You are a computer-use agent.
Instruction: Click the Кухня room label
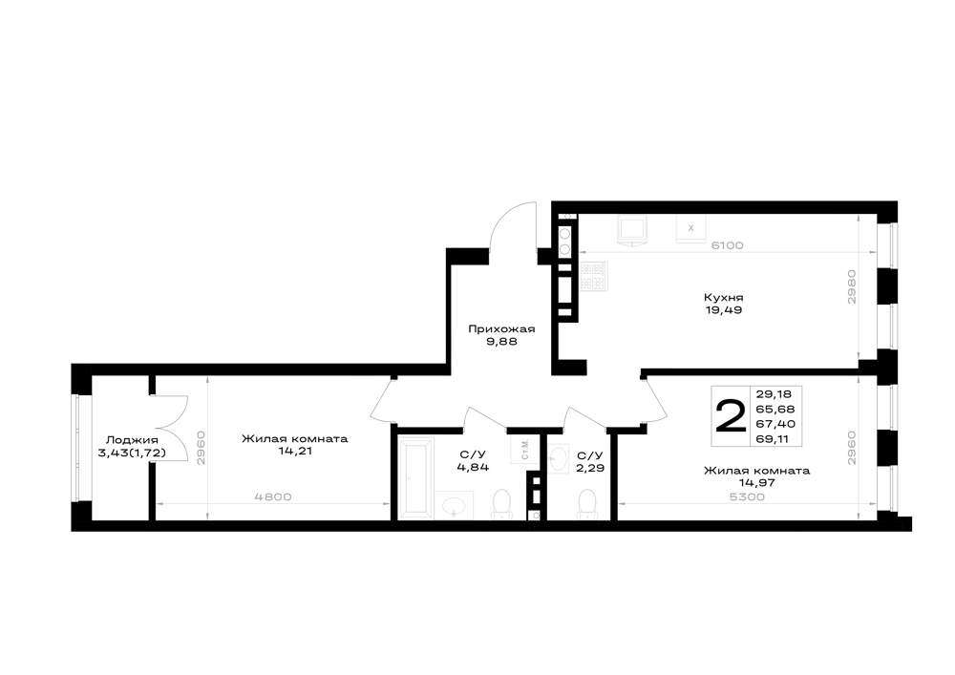tap(724, 298)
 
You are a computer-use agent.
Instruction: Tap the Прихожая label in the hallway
tap(501, 329)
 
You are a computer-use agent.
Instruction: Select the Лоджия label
tap(132, 440)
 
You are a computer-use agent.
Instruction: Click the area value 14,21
tap(294, 452)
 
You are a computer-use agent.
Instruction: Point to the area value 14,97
tap(757, 483)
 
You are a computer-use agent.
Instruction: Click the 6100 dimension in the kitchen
tap(727, 245)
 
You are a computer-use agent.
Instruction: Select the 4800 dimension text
tap(273, 496)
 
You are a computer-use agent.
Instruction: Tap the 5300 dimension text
tap(747, 496)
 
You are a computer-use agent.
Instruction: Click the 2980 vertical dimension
tap(852, 287)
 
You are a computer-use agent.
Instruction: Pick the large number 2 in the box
tap(731, 415)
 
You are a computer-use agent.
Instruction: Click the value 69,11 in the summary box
tap(775, 438)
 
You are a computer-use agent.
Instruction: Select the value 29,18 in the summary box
tap(775, 393)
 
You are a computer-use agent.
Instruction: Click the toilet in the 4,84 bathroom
tap(501, 504)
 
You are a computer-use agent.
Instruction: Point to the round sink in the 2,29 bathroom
tap(559, 459)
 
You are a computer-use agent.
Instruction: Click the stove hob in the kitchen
tap(593, 275)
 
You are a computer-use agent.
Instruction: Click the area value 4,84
tap(473, 468)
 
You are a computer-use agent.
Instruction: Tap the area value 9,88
tap(502, 342)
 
